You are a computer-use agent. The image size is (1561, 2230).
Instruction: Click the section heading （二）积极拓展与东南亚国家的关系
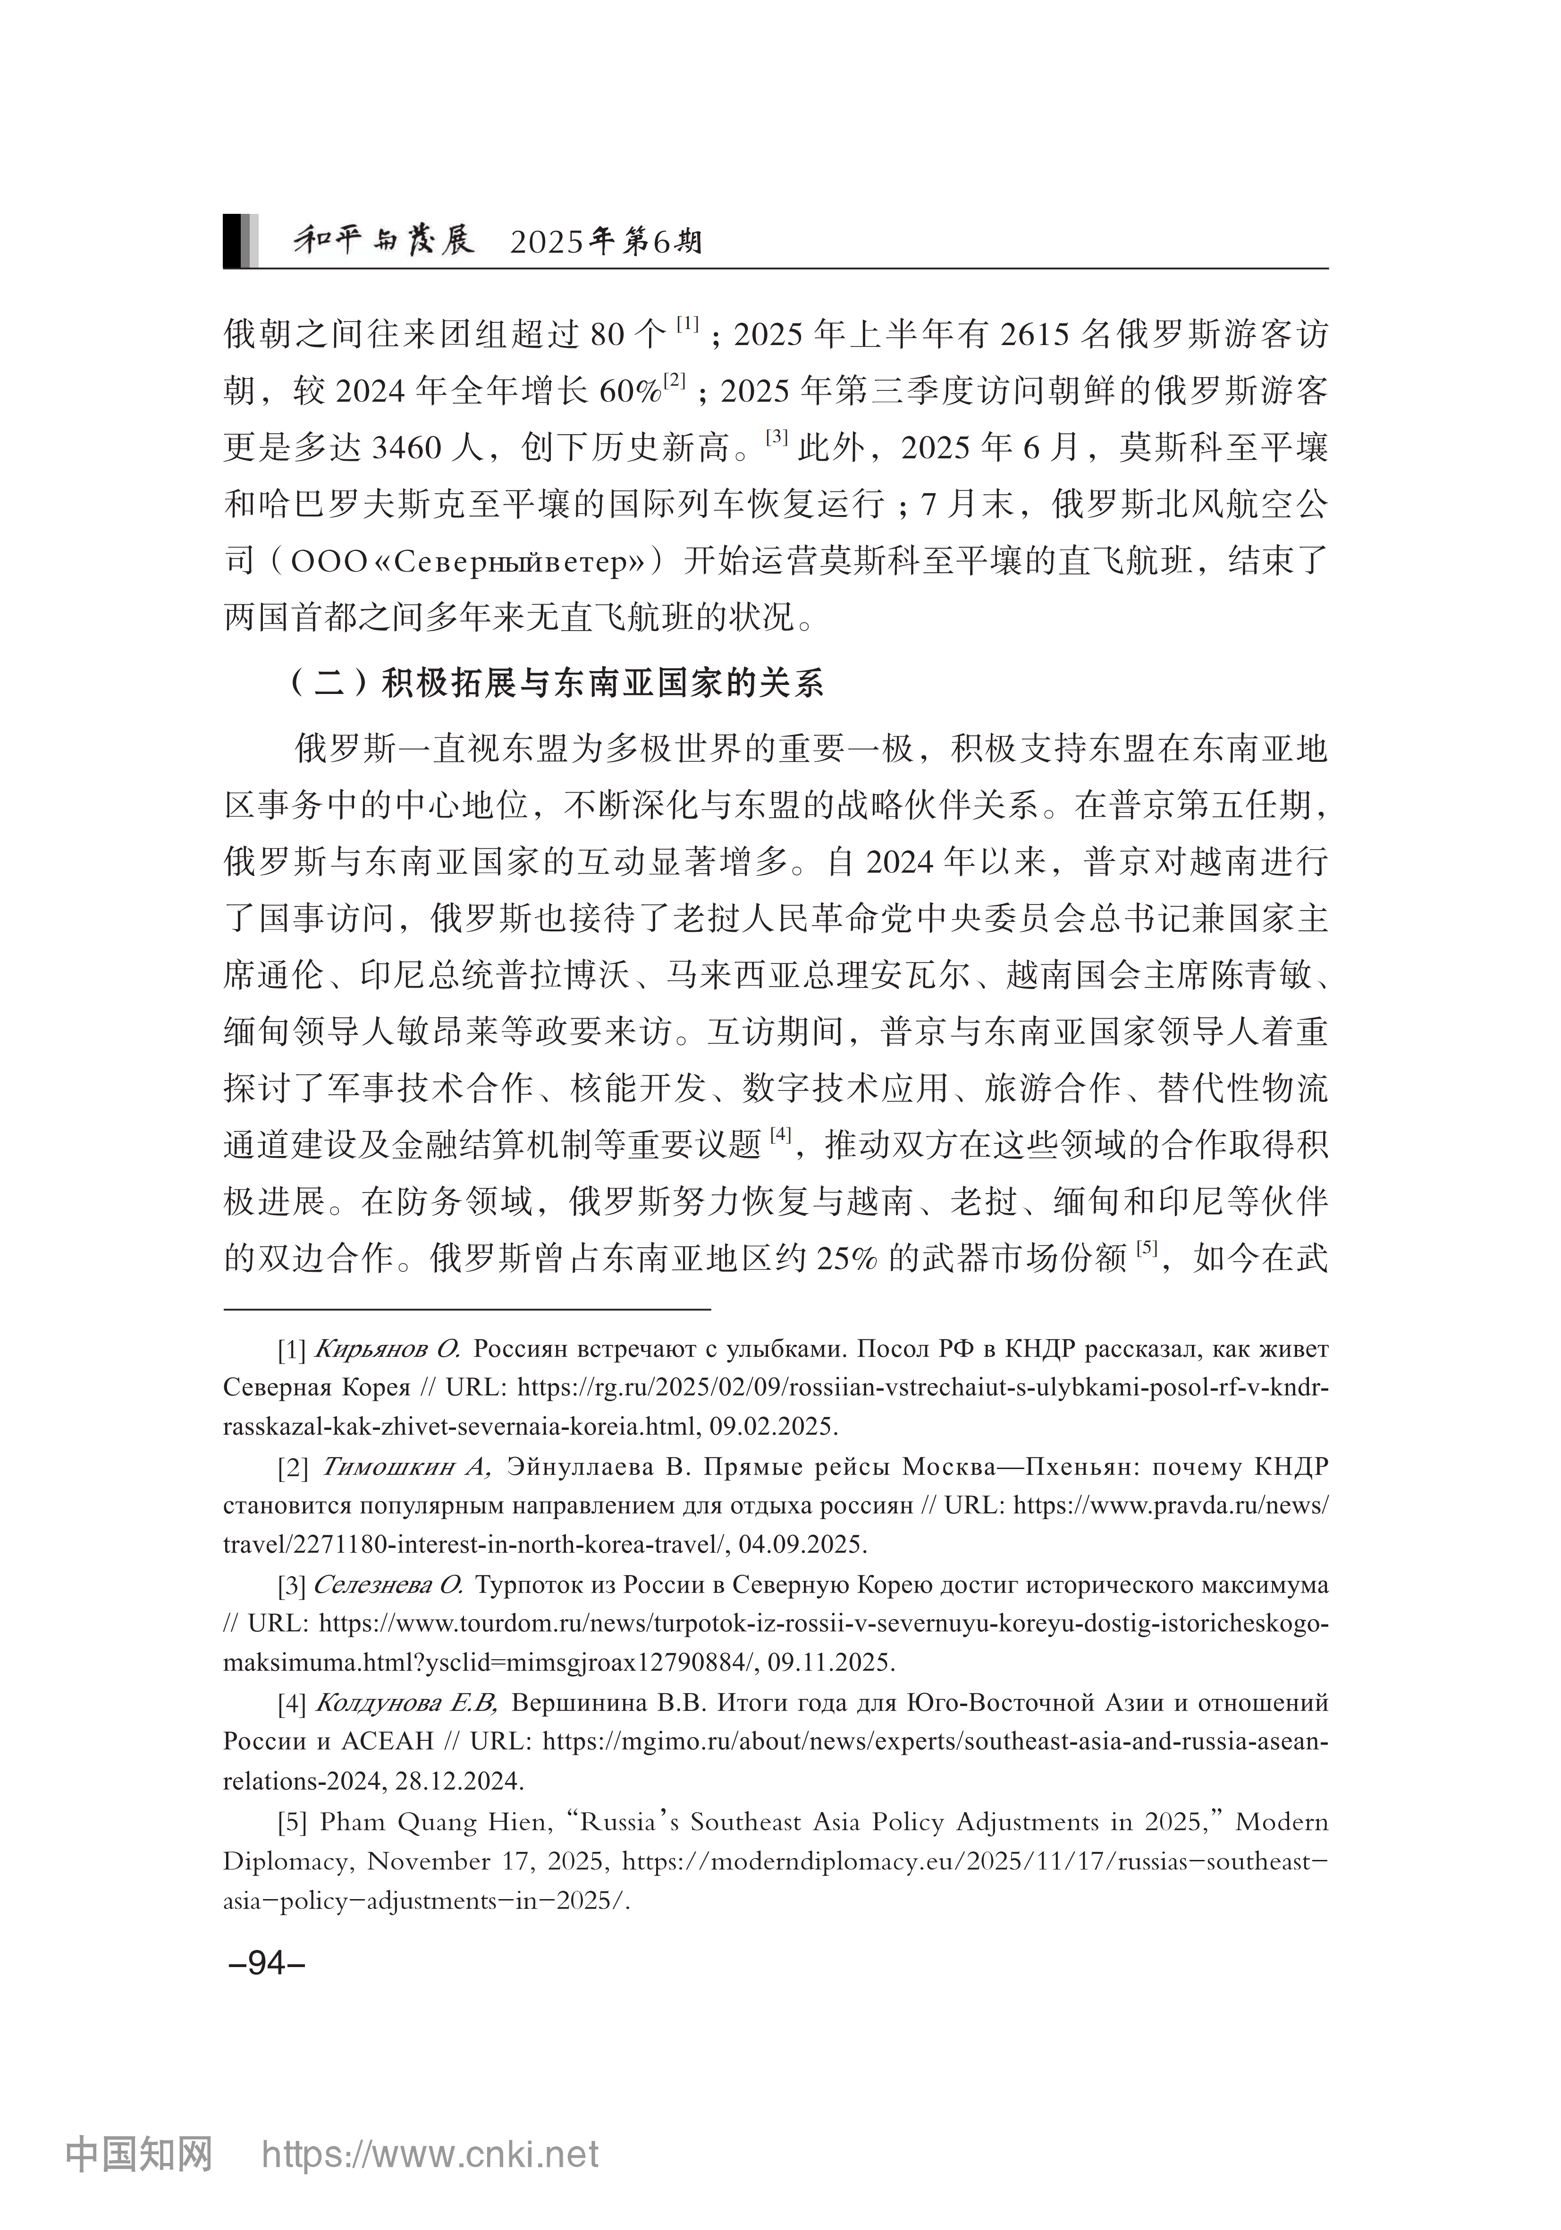pyautogui.click(x=557, y=684)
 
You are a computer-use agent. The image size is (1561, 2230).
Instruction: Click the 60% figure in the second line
pyautogui.click(x=630, y=391)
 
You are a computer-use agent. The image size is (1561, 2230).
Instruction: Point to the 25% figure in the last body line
pyautogui.click(x=846, y=1259)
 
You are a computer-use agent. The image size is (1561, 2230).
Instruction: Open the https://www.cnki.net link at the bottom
pyautogui.click(x=430, y=2154)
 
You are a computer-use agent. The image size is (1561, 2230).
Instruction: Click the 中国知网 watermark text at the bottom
pyautogui.click(x=139, y=2154)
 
